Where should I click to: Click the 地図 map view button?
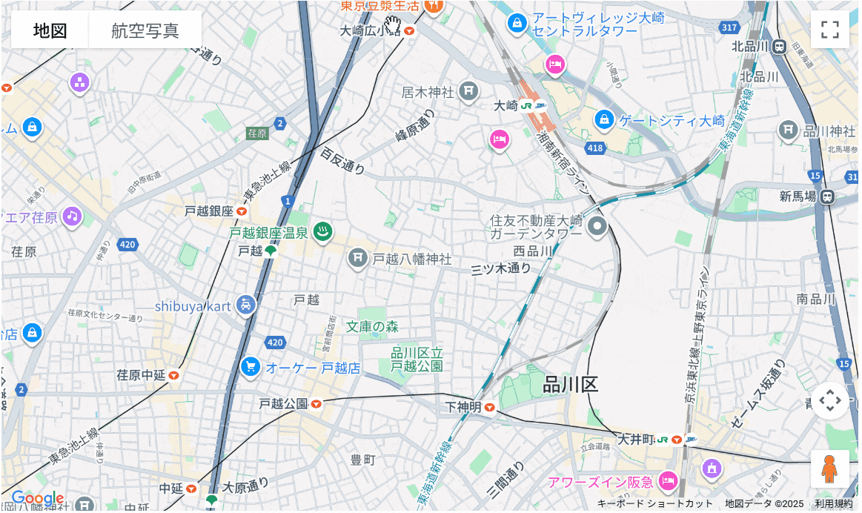pos(50,30)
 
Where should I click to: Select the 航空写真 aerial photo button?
pos(145,30)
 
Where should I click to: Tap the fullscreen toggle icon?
pos(829,30)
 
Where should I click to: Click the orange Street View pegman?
pos(829,469)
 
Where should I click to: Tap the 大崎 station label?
pos(505,106)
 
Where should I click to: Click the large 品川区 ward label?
pos(570,384)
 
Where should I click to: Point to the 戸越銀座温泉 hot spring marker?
pos(322,232)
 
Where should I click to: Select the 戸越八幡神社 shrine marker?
pos(358,258)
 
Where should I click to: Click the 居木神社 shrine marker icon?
pos(468,91)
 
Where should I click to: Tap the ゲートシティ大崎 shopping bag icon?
pos(604,119)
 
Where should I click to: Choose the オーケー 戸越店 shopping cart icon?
pos(251,366)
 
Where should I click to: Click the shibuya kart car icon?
pos(246,304)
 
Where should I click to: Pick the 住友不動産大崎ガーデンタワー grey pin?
pos(597,226)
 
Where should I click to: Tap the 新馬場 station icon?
pos(827,196)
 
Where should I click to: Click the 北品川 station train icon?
pos(779,47)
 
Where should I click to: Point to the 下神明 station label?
pos(464,407)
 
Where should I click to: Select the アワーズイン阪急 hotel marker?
pos(669,481)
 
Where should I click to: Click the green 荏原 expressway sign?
pos(257,133)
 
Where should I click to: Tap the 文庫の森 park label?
pos(372,326)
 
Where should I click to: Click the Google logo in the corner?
pos(37,499)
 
